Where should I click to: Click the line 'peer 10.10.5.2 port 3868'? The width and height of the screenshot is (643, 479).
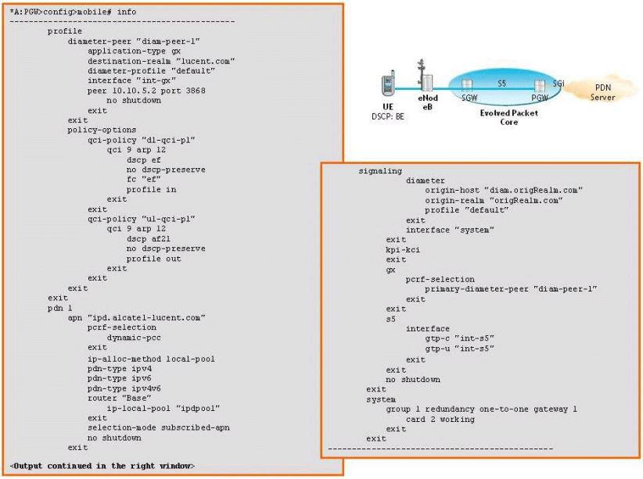(x=139, y=90)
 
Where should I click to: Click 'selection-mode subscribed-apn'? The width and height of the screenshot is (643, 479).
(x=158, y=427)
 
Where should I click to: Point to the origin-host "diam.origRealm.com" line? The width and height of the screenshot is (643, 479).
(x=505, y=190)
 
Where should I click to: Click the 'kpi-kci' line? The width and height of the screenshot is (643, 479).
(x=403, y=249)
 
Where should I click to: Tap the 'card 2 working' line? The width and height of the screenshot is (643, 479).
(x=440, y=418)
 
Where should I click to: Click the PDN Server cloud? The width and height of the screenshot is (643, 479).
(x=604, y=92)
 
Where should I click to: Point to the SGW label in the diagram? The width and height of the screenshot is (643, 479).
(x=469, y=98)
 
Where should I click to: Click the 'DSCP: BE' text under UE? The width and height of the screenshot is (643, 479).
(x=388, y=116)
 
